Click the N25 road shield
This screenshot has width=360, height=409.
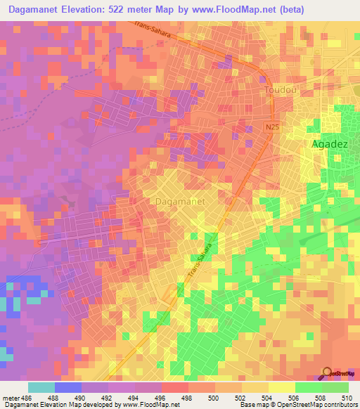click(x=274, y=126)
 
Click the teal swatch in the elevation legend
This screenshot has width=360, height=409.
click(x=41, y=387)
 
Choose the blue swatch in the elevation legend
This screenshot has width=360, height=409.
click(x=68, y=387)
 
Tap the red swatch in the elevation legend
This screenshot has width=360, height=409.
click(x=175, y=387)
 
